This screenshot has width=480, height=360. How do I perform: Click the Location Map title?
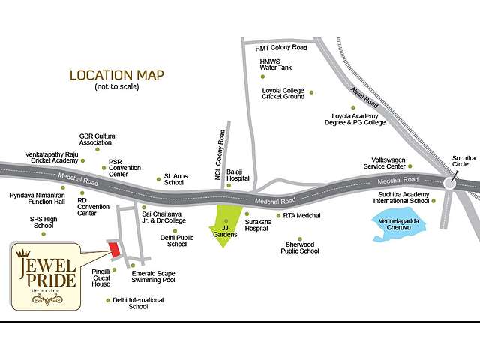click(x=116, y=75)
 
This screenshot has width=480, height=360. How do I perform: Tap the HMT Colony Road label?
click(x=281, y=47)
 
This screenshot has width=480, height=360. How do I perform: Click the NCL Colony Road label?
click(x=220, y=154)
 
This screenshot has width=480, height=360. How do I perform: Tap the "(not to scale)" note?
click(x=116, y=87)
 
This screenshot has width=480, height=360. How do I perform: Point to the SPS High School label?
click(x=42, y=222)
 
